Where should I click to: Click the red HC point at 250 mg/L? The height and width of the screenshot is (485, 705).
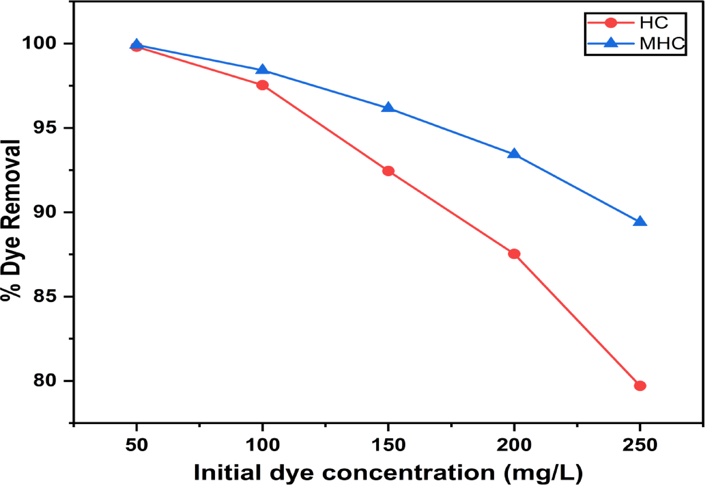[640, 386]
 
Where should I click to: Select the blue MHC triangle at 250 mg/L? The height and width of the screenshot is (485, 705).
[640, 222]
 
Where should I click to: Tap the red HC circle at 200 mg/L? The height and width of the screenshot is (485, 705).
[514, 254]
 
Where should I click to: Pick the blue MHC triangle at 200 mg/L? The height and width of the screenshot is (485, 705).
[514, 154]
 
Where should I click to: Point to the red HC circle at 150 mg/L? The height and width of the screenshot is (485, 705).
[388, 171]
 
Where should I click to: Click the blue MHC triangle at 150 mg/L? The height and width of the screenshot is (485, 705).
[388, 108]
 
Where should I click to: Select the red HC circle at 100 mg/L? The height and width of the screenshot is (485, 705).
[262, 85]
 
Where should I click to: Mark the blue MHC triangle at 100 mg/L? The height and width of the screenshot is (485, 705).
[262, 70]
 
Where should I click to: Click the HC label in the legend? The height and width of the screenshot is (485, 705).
[654, 23]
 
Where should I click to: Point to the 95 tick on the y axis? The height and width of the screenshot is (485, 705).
[45, 128]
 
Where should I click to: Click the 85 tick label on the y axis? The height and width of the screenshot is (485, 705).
[45, 296]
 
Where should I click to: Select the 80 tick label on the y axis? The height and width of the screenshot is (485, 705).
[45, 380]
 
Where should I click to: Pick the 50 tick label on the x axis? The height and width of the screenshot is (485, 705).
[137, 445]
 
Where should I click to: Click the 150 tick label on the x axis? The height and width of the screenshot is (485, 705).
[388, 445]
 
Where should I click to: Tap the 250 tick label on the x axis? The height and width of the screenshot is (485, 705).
[640, 445]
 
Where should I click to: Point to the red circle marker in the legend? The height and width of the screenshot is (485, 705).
[611, 23]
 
